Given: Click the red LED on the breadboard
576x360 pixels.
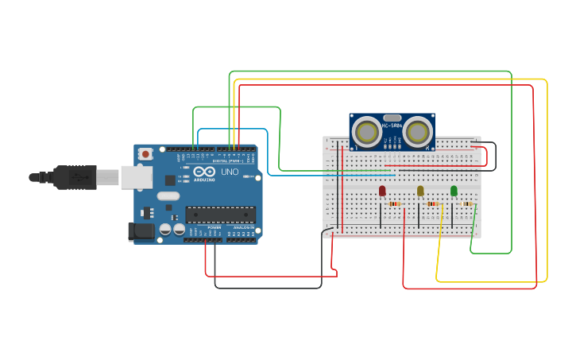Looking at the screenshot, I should (382, 191).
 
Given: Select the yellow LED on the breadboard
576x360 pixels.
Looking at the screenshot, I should (420, 191).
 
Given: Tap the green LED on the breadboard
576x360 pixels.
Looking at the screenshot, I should (454, 191).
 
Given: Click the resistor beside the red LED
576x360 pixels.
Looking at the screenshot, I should (395, 204).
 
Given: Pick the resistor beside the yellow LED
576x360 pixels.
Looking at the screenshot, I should (432, 204).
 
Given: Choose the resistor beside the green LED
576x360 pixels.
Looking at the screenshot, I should (467, 204).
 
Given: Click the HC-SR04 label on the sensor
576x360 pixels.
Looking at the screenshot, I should (392, 125).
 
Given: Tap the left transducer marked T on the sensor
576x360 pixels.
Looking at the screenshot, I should (367, 131).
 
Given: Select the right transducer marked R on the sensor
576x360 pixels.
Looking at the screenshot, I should (417, 131).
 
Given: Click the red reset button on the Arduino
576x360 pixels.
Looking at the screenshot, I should (145, 153).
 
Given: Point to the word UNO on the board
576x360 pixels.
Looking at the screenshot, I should (229, 172).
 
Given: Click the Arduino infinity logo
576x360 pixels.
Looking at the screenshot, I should (203, 172).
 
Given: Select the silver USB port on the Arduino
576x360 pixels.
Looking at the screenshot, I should (136, 176).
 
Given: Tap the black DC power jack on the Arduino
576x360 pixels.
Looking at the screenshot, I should (142, 231).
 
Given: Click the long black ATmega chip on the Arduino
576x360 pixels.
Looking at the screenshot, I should (220, 215).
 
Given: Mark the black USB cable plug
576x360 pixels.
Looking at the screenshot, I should (75, 176).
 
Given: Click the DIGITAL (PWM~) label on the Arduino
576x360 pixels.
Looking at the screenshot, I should (226, 161).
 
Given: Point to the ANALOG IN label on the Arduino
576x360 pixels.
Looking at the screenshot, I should (242, 227).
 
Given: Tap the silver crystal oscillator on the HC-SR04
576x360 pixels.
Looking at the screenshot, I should (392, 117).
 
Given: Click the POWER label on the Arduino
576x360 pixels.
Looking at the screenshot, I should (215, 227).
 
